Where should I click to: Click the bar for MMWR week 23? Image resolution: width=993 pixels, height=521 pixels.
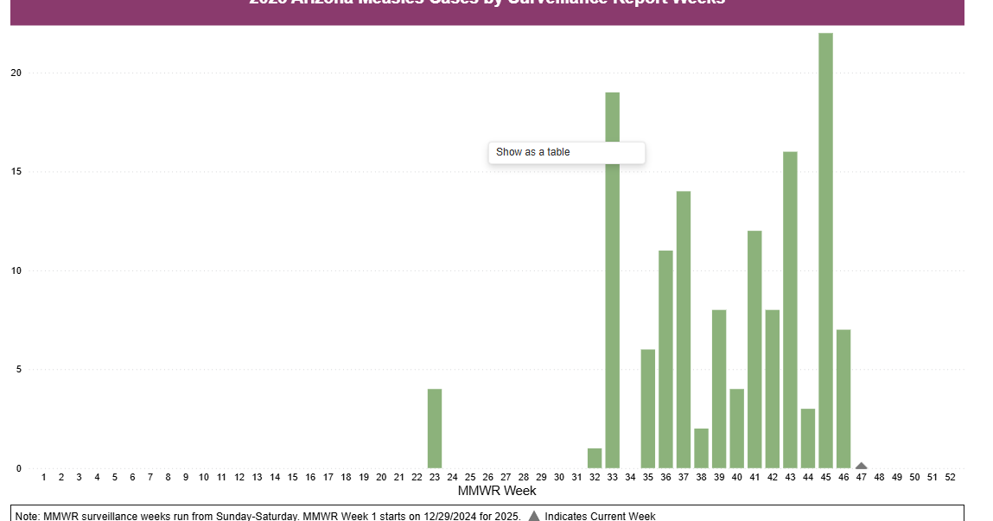click(x=435, y=429)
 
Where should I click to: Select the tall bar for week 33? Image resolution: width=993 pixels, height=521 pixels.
click(x=612, y=280)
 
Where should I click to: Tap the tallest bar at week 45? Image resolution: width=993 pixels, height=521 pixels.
click(x=825, y=251)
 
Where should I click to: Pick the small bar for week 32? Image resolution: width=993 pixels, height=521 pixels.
click(x=595, y=458)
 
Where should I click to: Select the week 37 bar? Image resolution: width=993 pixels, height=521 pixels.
click(x=684, y=329)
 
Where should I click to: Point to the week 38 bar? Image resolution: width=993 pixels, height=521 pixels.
click(x=701, y=448)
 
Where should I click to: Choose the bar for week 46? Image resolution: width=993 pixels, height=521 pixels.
click(x=843, y=398)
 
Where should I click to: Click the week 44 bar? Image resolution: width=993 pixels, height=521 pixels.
click(x=808, y=438)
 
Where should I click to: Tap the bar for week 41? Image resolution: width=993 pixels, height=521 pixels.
click(x=754, y=349)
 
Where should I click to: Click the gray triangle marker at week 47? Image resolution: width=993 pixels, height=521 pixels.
click(x=861, y=466)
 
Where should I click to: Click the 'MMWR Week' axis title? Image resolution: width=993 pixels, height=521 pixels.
click(x=496, y=491)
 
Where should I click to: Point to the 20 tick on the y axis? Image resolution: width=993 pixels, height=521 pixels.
click(x=16, y=73)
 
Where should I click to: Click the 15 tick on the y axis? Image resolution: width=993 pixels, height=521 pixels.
click(x=16, y=172)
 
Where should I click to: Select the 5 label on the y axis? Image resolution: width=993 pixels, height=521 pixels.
click(x=17, y=370)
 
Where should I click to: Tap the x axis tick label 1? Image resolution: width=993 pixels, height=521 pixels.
click(x=43, y=477)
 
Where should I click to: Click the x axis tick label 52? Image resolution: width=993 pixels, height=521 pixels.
click(x=950, y=477)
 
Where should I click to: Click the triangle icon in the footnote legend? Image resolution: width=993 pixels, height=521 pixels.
click(x=533, y=516)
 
